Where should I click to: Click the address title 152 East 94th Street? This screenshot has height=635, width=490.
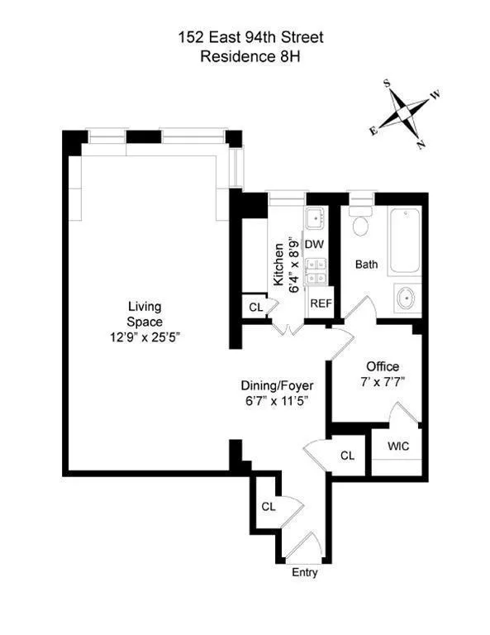[x=245, y=36]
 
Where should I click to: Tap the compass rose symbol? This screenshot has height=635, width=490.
[x=404, y=112]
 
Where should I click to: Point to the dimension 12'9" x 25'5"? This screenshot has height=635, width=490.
[x=145, y=337]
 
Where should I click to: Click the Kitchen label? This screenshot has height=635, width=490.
[x=278, y=264]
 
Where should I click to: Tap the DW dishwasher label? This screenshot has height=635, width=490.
[x=314, y=245]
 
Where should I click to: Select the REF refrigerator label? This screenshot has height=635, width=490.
[x=320, y=303]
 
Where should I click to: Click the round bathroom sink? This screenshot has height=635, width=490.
[x=406, y=297]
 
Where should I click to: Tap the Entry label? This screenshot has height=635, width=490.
[x=304, y=573]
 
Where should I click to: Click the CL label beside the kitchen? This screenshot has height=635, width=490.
[x=255, y=308]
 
